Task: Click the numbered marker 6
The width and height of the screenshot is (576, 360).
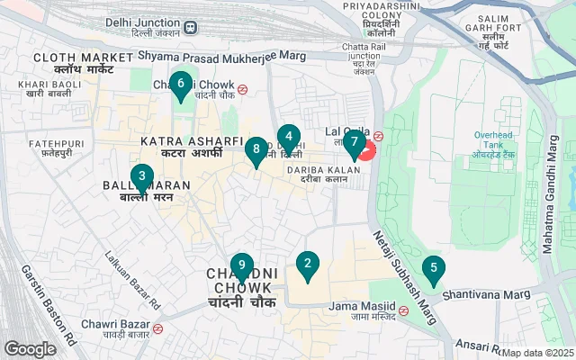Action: coord(181,85)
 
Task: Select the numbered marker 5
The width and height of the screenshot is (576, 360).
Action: coord(434,269)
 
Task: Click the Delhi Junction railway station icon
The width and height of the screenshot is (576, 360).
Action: coord(191,27)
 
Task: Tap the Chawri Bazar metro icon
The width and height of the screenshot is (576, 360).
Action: coord(158,328)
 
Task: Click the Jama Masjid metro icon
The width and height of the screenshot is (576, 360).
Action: coord(403,310)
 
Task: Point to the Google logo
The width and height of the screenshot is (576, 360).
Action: coord(31,348)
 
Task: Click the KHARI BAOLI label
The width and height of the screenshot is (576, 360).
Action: coord(49,88)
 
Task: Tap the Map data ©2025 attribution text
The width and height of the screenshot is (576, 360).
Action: coord(537,353)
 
